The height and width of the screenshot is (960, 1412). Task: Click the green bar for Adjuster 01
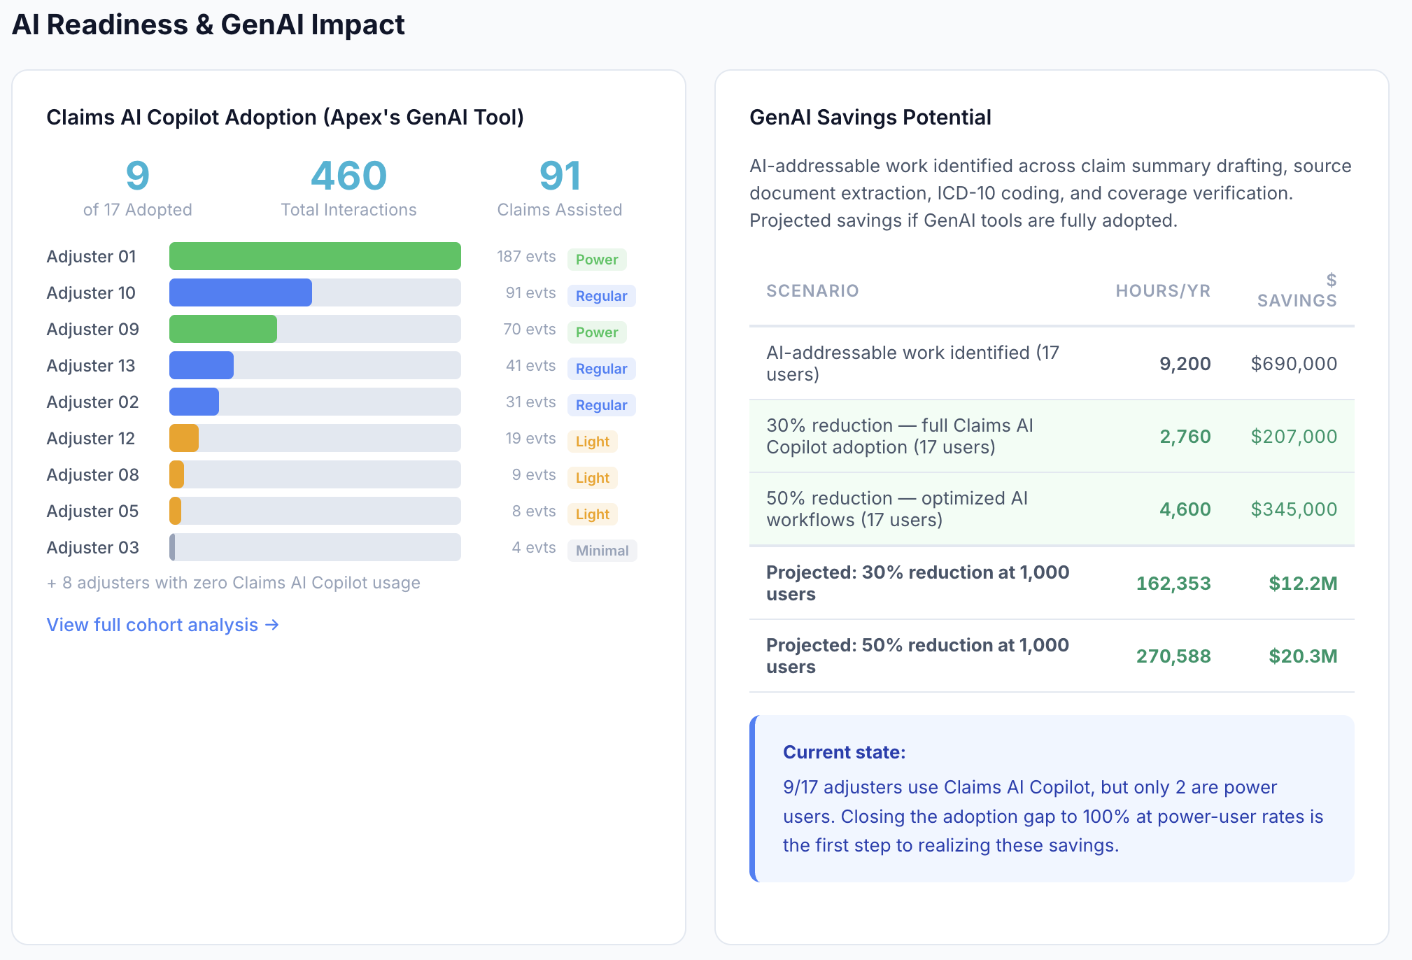315,256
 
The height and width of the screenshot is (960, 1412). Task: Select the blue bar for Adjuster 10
240,292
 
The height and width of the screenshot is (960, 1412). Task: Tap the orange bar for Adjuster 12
184,438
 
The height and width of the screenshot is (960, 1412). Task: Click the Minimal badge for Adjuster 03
602,551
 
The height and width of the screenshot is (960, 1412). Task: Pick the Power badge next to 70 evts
597,332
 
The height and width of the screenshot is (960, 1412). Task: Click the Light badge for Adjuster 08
592,478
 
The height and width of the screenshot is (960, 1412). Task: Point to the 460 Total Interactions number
348,176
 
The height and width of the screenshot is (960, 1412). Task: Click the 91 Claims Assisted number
560,176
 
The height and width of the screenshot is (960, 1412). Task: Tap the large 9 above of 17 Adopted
137,176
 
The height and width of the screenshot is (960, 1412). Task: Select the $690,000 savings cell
1294,364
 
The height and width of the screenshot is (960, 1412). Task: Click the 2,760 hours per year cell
1185,437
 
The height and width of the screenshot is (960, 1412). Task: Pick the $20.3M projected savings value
1303,656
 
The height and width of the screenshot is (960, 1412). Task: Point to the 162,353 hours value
1173,584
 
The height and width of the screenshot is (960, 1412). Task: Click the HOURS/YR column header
1162,291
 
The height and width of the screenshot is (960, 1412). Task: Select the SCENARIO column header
812,291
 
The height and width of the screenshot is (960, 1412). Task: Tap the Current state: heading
844,752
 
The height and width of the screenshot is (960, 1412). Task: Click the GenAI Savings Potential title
870,118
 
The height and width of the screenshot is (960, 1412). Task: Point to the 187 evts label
526,257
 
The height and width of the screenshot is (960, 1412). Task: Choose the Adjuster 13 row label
91,365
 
